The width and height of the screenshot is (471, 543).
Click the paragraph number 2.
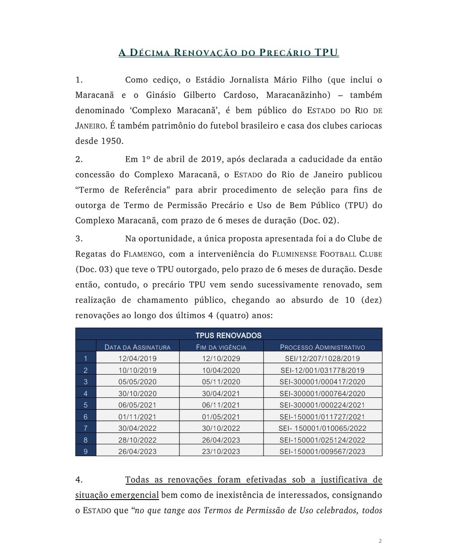click(x=79, y=159)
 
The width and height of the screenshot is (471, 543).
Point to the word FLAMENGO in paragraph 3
click(x=142, y=254)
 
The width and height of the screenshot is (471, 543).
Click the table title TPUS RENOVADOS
click(x=228, y=335)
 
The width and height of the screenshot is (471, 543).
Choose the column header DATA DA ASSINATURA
click(x=137, y=347)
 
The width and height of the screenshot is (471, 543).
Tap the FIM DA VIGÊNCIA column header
click(x=221, y=347)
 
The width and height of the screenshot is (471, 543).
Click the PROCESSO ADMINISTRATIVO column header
click(x=322, y=347)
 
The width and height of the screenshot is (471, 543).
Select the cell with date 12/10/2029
click(x=221, y=358)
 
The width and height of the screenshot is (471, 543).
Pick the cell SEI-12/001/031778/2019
click(x=322, y=370)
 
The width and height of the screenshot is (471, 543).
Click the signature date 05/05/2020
click(x=137, y=382)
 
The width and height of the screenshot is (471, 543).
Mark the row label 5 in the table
click(x=86, y=405)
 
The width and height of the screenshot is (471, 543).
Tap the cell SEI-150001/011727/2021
click(x=322, y=417)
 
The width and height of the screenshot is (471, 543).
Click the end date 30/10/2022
click(x=221, y=428)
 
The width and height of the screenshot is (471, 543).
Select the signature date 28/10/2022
click(x=137, y=440)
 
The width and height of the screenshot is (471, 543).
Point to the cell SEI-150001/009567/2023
click(x=322, y=451)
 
